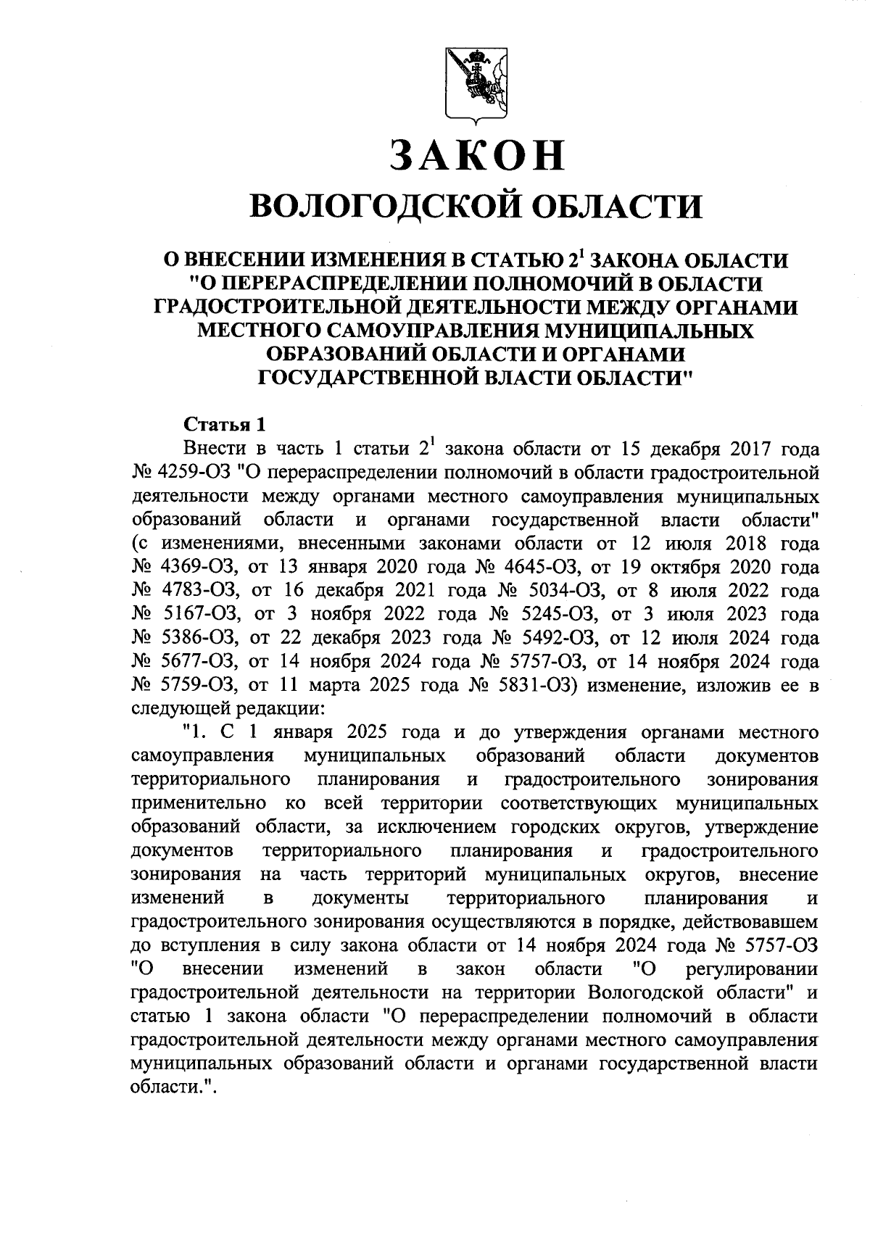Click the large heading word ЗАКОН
[x=476, y=154]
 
